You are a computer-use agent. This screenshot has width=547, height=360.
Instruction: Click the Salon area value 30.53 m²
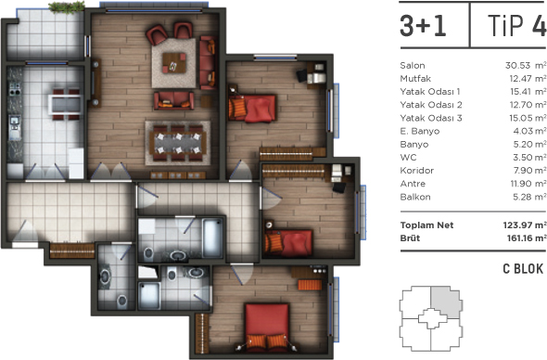pos(526,65)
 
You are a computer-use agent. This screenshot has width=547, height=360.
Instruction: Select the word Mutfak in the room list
pos(415,79)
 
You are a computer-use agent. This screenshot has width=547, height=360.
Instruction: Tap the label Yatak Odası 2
pos(431,105)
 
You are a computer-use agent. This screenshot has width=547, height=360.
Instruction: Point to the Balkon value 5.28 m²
pos(529,197)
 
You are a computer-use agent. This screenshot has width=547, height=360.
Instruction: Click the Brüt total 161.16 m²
pos(527,238)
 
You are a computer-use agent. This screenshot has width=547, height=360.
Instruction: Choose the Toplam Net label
pos(426,225)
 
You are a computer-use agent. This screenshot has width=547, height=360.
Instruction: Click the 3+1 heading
pos(423,26)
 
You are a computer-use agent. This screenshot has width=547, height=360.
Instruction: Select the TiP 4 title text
pos(516,25)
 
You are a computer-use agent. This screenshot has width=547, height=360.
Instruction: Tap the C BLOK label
pos(523,269)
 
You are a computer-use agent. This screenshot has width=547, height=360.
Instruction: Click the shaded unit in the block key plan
pos(446,302)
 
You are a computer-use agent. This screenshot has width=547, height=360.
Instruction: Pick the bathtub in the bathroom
pos(212,238)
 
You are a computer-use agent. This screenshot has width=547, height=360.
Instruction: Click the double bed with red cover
pos(267,326)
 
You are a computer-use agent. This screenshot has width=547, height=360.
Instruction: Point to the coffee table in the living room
pos(174,63)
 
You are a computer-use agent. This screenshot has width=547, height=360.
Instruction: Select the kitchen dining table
pos(66,105)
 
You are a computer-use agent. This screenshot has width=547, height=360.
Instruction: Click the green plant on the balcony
pos(67,7)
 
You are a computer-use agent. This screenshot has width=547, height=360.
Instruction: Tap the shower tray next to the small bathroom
pos(149,296)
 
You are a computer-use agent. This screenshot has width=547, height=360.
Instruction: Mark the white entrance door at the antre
pos(25,245)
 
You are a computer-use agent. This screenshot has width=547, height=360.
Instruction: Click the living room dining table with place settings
pos(178,143)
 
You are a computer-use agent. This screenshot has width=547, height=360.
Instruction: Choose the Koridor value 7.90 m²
pos(529,171)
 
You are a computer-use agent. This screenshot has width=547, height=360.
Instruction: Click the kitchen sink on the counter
pos(14,125)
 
